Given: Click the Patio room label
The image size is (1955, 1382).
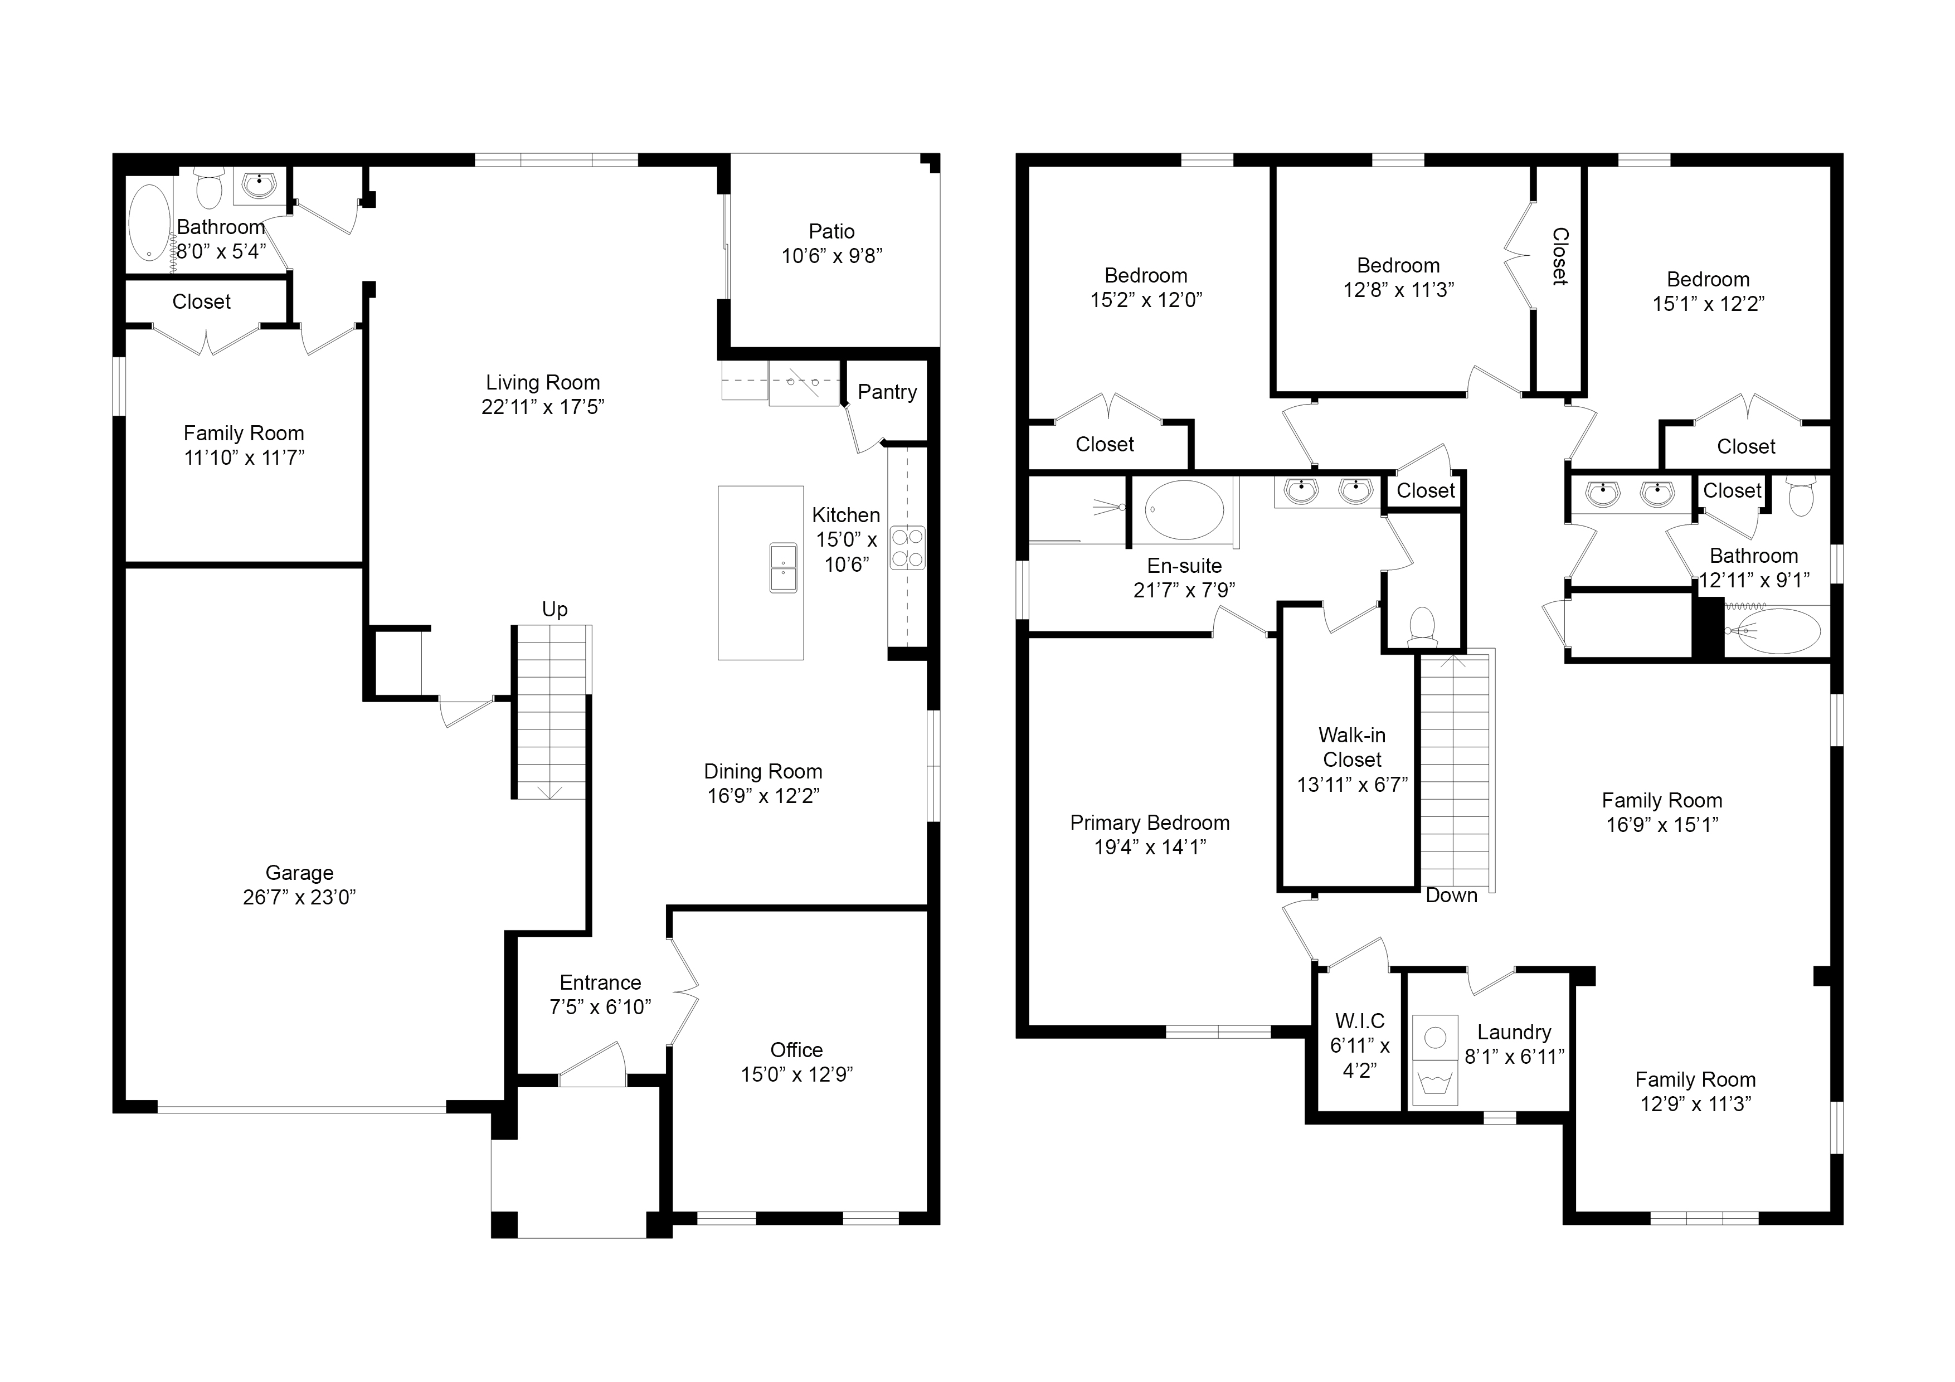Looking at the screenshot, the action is point(832,232).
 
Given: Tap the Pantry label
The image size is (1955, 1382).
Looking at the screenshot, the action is point(887,392).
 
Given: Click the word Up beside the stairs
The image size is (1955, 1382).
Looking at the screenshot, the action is point(555,610).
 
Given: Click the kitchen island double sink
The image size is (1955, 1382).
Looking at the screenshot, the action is point(784,567).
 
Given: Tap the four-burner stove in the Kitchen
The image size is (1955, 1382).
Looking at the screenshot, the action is point(908,548).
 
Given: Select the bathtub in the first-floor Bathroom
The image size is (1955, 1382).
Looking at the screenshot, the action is point(150,222).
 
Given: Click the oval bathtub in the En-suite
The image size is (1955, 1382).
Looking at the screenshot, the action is point(1184,509).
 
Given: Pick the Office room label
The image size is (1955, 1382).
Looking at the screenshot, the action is point(796,1050).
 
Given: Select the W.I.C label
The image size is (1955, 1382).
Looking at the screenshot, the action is point(1360,1021).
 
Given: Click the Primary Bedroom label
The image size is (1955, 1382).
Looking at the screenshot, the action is point(1150,823).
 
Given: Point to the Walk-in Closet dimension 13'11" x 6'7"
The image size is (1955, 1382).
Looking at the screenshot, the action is point(1352,784).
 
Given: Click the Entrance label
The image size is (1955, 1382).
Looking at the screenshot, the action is point(600,982).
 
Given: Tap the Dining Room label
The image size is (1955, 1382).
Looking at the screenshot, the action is point(763,771).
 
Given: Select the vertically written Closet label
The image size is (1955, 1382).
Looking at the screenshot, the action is point(1560,256).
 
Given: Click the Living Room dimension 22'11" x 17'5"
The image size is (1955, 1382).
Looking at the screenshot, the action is point(542,407).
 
